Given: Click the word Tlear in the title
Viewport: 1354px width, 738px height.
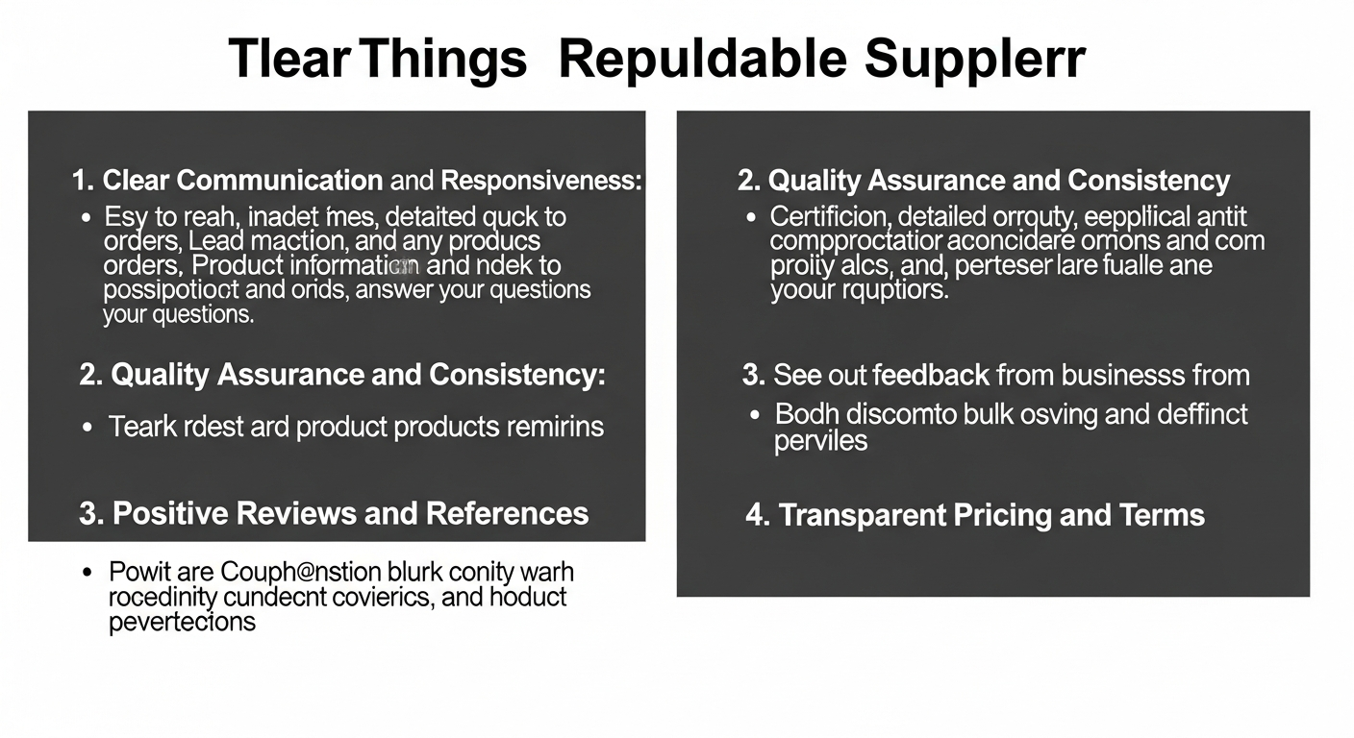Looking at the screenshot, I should point(288,60).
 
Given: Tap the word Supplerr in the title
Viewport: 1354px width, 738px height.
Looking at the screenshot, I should point(974,60).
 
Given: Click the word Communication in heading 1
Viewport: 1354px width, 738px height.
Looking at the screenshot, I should point(280,180).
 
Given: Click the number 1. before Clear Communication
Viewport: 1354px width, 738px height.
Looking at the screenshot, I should point(83,180).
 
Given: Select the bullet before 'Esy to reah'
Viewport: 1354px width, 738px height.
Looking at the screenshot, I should point(88,216).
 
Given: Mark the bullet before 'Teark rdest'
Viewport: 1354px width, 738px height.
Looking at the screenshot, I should point(88,427).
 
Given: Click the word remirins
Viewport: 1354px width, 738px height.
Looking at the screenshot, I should point(558,427).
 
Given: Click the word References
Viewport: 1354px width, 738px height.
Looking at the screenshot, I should point(507,513).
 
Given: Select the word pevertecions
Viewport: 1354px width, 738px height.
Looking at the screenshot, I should point(182,621).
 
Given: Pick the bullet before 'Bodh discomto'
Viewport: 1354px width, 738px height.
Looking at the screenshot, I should point(754,415).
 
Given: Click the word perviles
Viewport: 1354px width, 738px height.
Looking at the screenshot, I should point(820,440).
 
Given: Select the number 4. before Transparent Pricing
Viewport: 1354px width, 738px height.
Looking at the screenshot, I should point(757,515).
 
